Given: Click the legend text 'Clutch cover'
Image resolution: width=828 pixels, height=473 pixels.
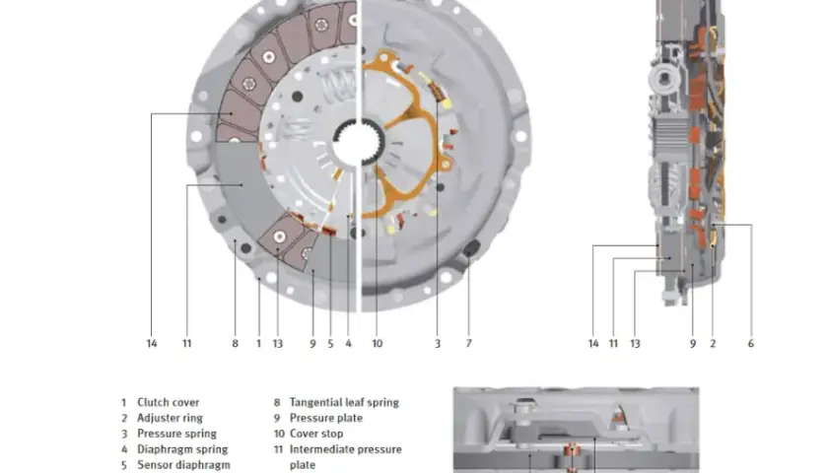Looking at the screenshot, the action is (x=168, y=402).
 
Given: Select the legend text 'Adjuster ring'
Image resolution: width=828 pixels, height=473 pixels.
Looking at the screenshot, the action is (x=170, y=418).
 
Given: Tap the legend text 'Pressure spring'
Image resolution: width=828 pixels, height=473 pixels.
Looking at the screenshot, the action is (x=176, y=434).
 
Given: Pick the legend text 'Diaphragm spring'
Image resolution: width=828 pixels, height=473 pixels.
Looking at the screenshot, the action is (x=182, y=449).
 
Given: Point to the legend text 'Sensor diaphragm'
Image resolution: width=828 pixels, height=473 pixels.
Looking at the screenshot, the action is (x=183, y=465).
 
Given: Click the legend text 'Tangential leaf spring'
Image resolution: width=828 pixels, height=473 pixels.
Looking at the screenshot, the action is (x=344, y=402).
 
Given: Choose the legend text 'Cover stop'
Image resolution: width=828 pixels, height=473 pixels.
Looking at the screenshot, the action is (x=315, y=434).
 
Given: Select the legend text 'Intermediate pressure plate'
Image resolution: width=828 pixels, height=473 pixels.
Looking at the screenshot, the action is (x=345, y=457).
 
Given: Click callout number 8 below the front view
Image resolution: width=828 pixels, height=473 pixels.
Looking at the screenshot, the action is (x=235, y=344).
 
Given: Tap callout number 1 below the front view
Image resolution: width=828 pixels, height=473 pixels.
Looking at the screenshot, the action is (x=258, y=344).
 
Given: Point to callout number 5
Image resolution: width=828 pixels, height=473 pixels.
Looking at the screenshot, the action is (x=330, y=344).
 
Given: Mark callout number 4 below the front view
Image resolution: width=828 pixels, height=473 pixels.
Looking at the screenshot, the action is (x=349, y=344).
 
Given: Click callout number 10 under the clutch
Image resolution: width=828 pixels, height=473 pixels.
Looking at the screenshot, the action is (x=377, y=344).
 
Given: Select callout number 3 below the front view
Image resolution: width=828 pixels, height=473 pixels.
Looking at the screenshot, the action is (x=438, y=344).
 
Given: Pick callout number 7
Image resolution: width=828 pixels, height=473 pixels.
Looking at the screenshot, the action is (x=468, y=344).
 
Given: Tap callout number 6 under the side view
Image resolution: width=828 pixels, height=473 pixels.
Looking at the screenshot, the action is (x=751, y=344).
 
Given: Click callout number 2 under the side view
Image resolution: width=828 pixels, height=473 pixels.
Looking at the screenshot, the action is (x=713, y=344).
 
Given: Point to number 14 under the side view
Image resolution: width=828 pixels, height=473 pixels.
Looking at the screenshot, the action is (x=593, y=344).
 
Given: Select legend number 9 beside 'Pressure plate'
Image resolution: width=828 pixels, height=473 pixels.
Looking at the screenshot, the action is (x=277, y=418).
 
